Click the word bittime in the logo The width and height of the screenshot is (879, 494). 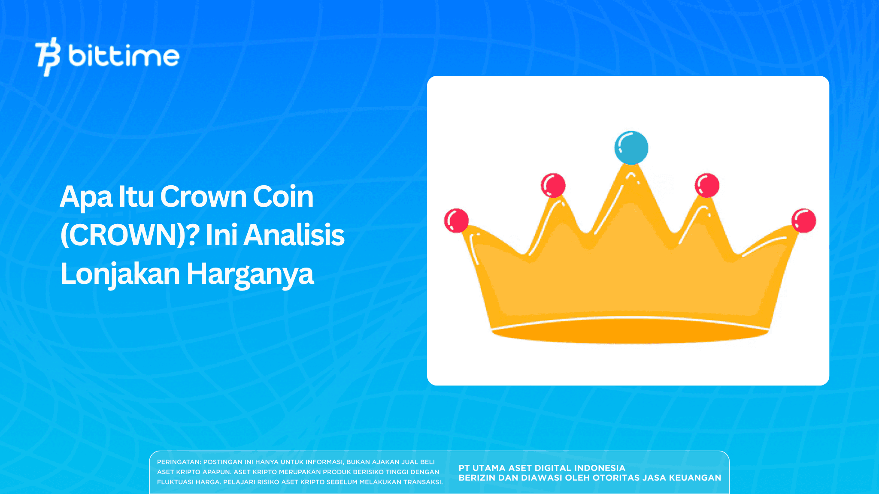coord(124,56)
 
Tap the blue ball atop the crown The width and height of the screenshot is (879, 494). coord(631,148)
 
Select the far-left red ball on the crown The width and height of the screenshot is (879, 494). coord(456,220)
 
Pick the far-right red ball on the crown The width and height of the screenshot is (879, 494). coord(803,220)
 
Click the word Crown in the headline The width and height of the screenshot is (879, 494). coord(203,197)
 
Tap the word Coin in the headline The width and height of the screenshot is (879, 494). coord(283,197)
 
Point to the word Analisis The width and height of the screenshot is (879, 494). coord(294,235)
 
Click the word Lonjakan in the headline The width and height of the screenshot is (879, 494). coord(120,274)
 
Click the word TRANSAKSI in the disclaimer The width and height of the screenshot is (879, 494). coord(422,482)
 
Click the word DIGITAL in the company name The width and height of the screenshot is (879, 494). coord(553,468)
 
